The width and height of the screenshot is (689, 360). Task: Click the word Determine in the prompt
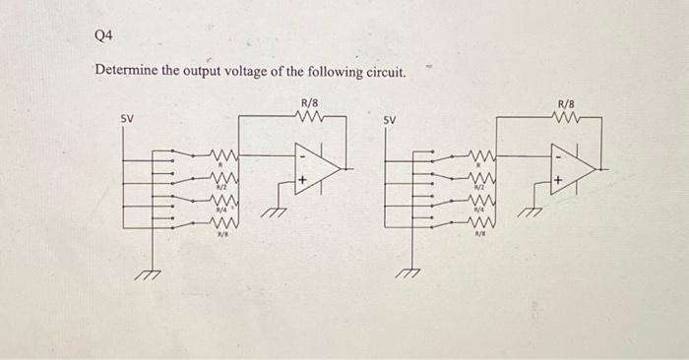click(x=129, y=72)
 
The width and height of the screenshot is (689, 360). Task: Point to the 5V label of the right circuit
click(x=391, y=122)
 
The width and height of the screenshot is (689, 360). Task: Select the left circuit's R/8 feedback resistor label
click(x=308, y=101)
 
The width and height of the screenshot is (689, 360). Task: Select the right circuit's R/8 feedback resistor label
click(x=568, y=102)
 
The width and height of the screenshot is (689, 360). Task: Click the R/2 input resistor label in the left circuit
click(x=222, y=186)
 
